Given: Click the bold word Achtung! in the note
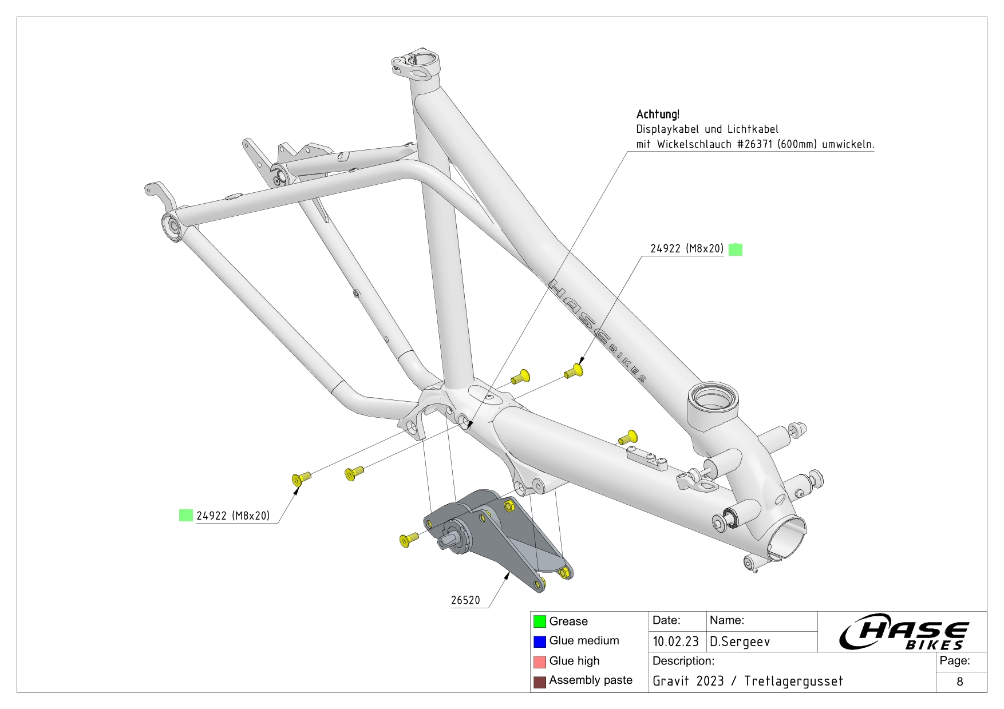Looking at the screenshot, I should pyautogui.click(x=658, y=114).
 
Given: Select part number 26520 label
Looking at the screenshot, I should pyautogui.click(x=465, y=600).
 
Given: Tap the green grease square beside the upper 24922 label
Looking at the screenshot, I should pyautogui.click(x=736, y=249).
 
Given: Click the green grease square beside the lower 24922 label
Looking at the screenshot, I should pyautogui.click(x=186, y=515).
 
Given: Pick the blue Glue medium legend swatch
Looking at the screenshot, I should pyautogui.click(x=540, y=641).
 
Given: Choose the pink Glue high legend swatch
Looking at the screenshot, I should pyautogui.click(x=540, y=662).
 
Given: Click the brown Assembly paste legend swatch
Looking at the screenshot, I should pyautogui.click(x=540, y=682).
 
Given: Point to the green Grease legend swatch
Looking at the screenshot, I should pyautogui.click(x=540, y=621).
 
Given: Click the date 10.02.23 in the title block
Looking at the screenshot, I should pyautogui.click(x=675, y=641).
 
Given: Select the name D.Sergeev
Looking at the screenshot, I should pyautogui.click(x=740, y=641).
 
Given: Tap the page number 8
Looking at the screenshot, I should pyautogui.click(x=960, y=682).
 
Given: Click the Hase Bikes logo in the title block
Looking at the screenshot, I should pyautogui.click(x=903, y=632).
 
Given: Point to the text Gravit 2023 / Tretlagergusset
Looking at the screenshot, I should pyautogui.click(x=748, y=681).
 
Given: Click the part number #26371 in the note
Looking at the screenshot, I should pyautogui.click(x=756, y=144).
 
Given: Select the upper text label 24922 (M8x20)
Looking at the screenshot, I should pyautogui.click(x=687, y=249).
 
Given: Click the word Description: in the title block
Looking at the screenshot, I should pyautogui.click(x=683, y=661).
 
